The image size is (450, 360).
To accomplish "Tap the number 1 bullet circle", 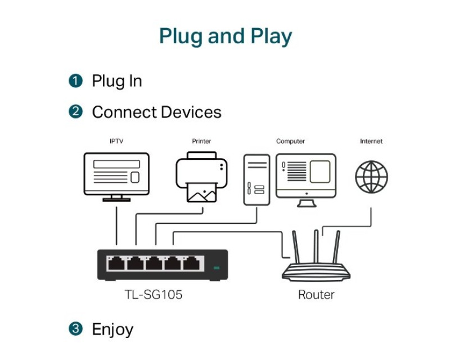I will [76, 81].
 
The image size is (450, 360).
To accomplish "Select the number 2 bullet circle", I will [76, 112].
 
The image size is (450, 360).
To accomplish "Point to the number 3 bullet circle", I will [76, 328].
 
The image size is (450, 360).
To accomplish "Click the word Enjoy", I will [112, 329].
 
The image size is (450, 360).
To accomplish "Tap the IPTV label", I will [116, 141].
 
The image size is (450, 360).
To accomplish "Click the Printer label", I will [201, 141].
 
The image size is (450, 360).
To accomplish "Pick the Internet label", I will [371, 141].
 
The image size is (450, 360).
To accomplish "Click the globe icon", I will [371, 177].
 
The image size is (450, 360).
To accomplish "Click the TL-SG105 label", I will [154, 294].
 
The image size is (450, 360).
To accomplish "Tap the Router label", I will [316, 294].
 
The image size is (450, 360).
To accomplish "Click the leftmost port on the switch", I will [116, 263].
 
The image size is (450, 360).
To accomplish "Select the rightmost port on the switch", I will [193, 263].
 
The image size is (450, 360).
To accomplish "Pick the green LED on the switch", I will [216, 268].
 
